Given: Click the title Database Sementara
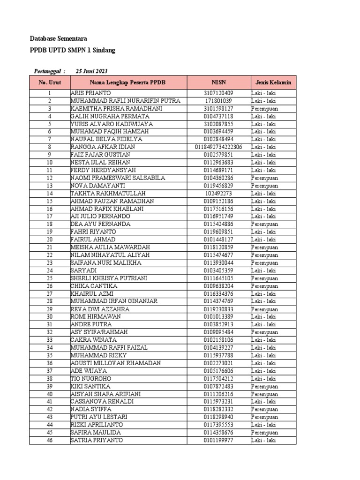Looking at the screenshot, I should [x=58, y=38].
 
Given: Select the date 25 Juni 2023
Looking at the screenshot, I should [x=91, y=71].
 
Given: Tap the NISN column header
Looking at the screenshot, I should [x=218, y=82].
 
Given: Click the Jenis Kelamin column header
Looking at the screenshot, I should [x=273, y=82].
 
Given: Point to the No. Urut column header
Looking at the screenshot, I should [x=49, y=82].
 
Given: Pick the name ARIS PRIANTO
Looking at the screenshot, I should [x=91, y=93].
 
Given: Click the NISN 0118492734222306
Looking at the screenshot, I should [x=218, y=147].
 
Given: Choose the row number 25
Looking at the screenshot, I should [x=49, y=278].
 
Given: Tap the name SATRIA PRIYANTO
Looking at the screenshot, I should [x=97, y=440].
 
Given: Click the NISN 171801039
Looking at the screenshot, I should [x=218, y=101].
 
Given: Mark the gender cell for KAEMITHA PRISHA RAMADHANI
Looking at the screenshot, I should [x=264, y=109].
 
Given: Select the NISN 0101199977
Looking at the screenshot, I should [x=218, y=440].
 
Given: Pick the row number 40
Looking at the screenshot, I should [x=49, y=394].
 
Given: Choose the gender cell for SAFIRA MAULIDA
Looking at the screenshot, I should [x=264, y=432].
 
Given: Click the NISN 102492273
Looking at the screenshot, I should [x=218, y=193].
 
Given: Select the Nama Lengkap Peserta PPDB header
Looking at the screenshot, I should [x=128, y=82].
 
